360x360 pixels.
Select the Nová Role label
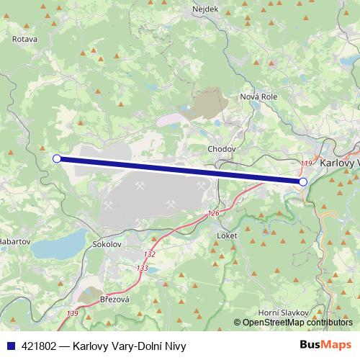coord(258,97)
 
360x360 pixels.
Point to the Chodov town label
coord(221,149)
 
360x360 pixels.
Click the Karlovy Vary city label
coord(340,163)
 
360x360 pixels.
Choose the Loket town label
coord(227,235)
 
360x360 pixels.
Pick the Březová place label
coord(114,299)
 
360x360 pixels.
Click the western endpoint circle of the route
coord(57,158)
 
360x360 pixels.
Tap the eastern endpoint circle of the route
coord(303,182)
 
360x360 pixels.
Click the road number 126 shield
coord(212,214)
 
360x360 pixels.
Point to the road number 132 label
coord(149,255)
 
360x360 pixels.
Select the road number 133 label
coord(142,268)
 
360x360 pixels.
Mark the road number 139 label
coord(73,313)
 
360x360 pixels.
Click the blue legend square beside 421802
coord(9,346)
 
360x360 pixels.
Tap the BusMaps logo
coord(325,346)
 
